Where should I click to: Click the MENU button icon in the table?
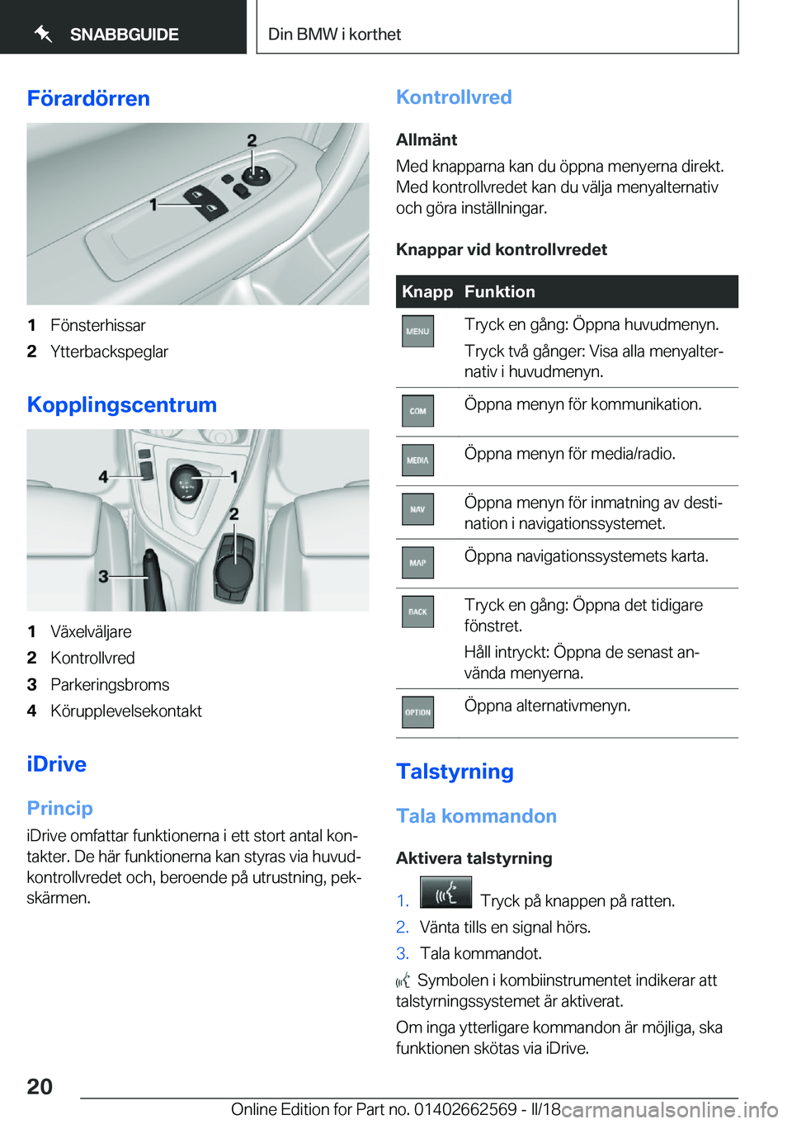[417, 331]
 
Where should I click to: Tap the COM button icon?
[417, 411]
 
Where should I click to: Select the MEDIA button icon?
[417, 460]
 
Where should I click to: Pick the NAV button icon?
[417, 509]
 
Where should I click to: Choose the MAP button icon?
[417, 563]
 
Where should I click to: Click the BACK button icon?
[417, 612]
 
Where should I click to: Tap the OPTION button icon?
[417, 712]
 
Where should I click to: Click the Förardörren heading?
[88, 98]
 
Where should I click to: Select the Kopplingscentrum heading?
[122, 404]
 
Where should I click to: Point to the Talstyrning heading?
[455, 771]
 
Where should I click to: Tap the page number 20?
[40, 1086]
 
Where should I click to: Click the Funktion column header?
[499, 291]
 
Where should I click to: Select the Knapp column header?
[427, 291]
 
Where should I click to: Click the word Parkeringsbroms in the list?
[110, 684]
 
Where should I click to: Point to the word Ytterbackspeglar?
[109, 352]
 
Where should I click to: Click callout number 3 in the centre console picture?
[103, 576]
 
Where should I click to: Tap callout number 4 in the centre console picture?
[103, 476]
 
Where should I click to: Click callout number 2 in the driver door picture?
[252, 141]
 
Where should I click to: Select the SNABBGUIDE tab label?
[124, 35]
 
